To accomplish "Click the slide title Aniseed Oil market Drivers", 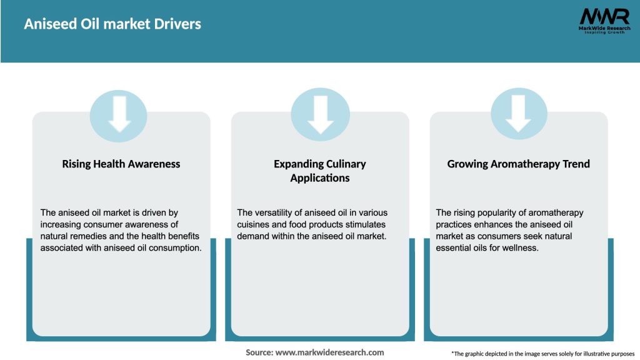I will [x=112, y=24].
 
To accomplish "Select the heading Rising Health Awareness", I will [x=121, y=164].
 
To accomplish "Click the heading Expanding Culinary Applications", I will [x=320, y=171].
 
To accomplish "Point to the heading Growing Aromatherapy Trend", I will [x=519, y=164].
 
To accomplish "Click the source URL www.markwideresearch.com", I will [x=330, y=352].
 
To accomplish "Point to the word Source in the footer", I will [x=259, y=352].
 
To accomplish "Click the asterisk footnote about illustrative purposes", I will [x=542, y=354].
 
